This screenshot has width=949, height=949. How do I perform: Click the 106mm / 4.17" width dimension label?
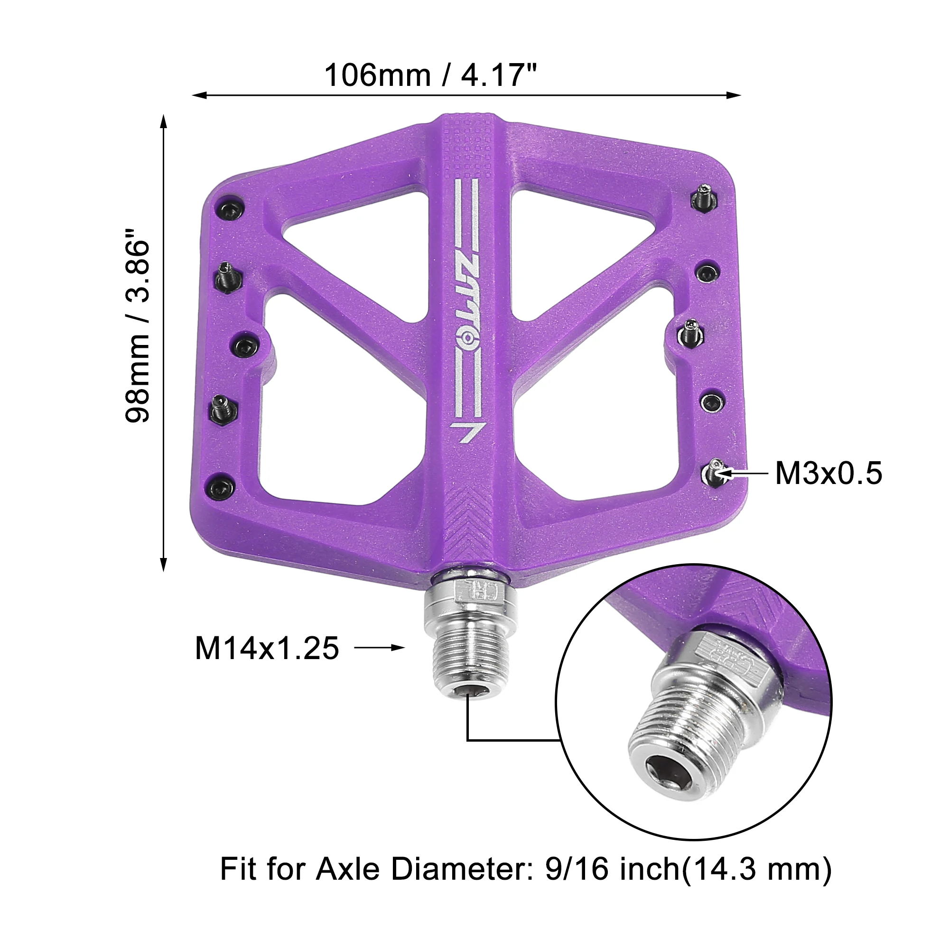pyautogui.click(x=431, y=75)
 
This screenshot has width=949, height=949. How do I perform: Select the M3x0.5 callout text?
pyautogui.click(x=828, y=473)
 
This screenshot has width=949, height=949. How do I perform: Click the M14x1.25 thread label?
pyautogui.click(x=267, y=648)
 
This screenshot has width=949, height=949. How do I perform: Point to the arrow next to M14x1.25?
pyautogui.click(x=380, y=647)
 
